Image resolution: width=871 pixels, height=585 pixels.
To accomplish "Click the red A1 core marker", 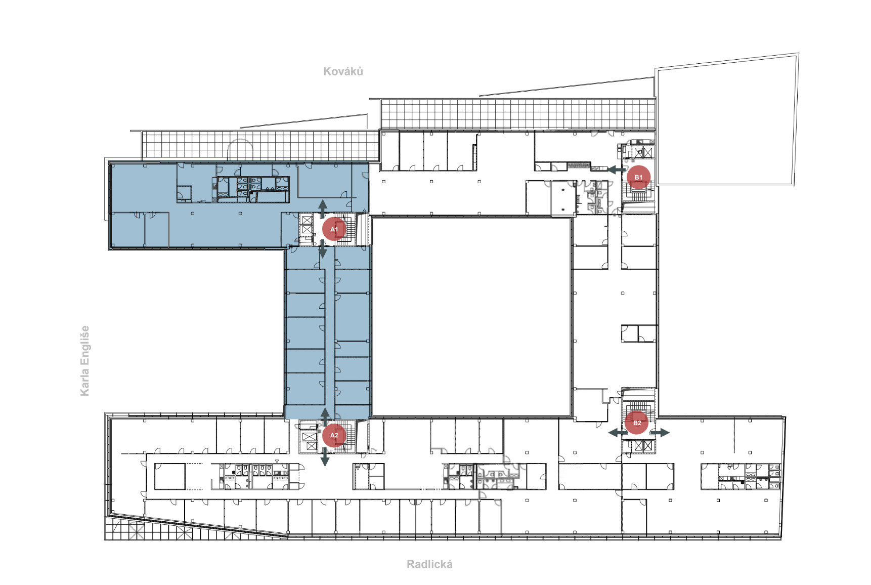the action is (x=334, y=229).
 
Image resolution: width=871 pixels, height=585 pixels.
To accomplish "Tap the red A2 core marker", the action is (x=334, y=435).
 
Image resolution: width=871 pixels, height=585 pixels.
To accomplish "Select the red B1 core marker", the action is (x=638, y=177).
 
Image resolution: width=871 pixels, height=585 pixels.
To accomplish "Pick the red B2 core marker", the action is (x=637, y=423).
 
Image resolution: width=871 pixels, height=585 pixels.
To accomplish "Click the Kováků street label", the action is (x=343, y=71).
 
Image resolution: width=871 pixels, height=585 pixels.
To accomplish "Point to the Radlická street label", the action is (x=429, y=564).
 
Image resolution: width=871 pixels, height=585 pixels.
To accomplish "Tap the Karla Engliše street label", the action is (x=84, y=360).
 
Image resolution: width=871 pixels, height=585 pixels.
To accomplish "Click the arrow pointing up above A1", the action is (x=322, y=208).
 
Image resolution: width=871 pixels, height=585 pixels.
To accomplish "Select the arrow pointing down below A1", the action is (x=323, y=249).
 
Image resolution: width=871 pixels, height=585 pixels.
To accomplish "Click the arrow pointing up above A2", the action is (x=325, y=416).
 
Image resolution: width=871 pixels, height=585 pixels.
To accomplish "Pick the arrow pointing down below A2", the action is (x=325, y=457).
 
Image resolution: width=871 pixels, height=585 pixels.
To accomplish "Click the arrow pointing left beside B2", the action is (x=618, y=433).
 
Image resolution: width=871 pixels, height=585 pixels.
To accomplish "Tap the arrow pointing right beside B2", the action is (x=660, y=433).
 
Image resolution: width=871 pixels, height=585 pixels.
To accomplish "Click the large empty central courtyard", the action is (x=471, y=317).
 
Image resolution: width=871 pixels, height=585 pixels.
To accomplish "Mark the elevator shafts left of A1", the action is (x=307, y=225).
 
